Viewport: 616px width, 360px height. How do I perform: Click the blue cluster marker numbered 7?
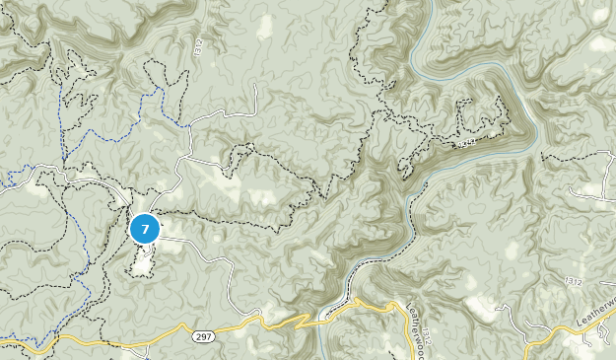coord(145,229)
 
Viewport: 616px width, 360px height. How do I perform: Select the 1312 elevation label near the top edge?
coord(196,46)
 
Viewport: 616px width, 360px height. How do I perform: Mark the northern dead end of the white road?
coord(255,86)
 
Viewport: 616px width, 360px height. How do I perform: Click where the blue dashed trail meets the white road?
coord(189,126)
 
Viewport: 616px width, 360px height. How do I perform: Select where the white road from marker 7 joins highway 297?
coord(258,318)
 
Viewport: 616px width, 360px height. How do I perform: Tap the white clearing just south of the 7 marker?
coord(144,258)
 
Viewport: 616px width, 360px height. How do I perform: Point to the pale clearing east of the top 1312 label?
coord(264,27)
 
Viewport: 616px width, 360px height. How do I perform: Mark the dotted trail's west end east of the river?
coord(543,155)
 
